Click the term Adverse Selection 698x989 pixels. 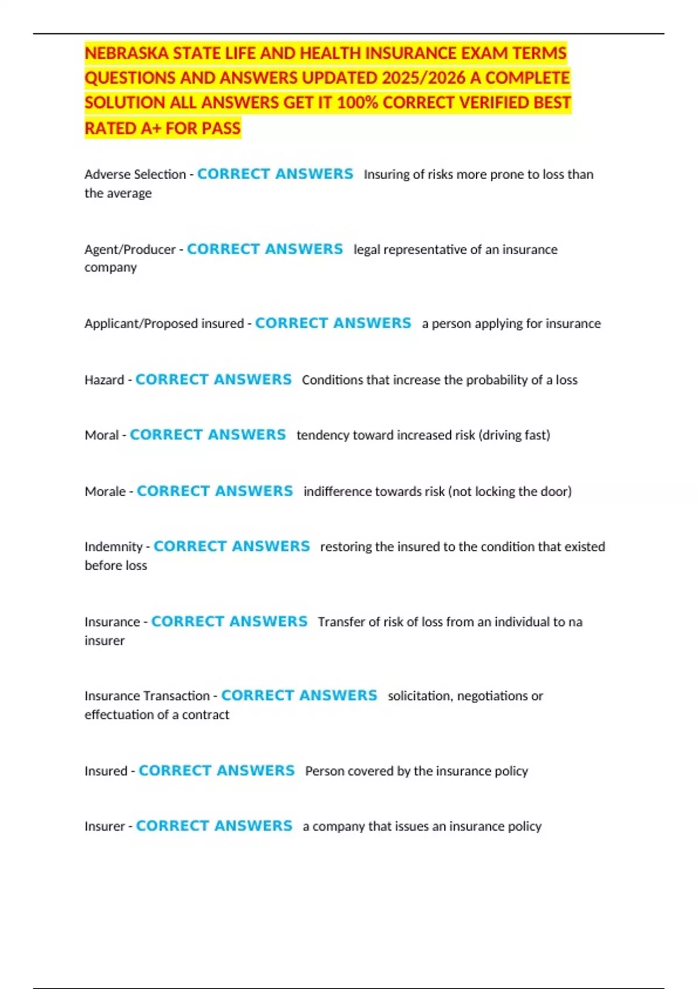coord(135,175)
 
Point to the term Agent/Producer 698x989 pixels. coord(130,250)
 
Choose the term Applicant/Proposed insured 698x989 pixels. coord(164,323)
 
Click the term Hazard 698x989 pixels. coord(104,380)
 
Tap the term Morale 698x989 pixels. coord(105,492)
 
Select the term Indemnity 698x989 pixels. coord(113,547)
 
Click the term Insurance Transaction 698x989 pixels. coord(147,696)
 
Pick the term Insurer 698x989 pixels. coord(105,826)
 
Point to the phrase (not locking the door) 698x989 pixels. coord(510,492)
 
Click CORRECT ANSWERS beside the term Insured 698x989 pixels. coord(216,771)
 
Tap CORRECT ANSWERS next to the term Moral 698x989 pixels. coord(208,435)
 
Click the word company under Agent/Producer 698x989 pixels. coord(111,268)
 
